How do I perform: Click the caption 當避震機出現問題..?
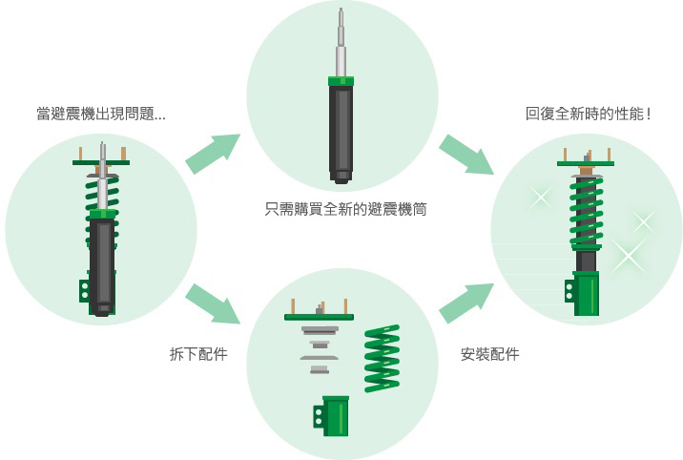(x=101, y=115)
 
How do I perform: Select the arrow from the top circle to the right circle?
(x=466, y=154)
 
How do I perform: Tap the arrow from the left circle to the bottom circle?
(x=212, y=303)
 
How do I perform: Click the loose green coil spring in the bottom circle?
(x=382, y=358)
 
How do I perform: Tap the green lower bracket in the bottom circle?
(x=334, y=416)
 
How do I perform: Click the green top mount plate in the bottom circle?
(x=319, y=316)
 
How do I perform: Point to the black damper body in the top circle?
(x=341, y=129)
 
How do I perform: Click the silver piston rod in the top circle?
(x=341, y=43)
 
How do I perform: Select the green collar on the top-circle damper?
(x=341, y=81)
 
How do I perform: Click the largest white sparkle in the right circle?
(x=627, y=255)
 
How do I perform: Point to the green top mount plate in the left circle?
(x=101, y=162)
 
